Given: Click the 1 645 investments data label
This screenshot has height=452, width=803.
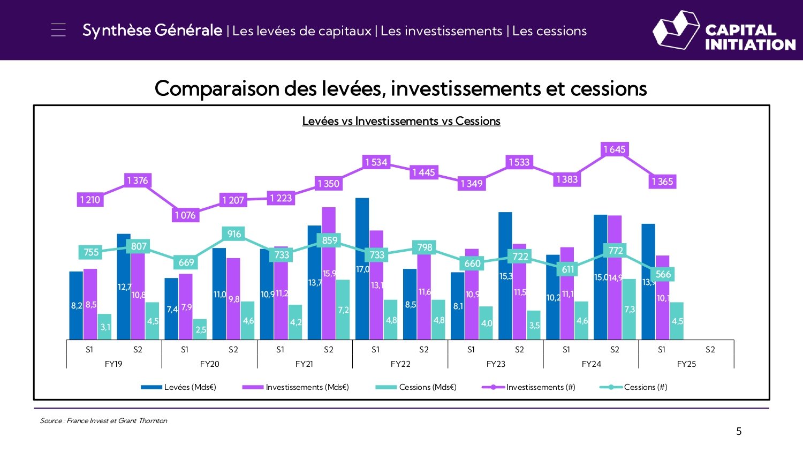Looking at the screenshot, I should click(x=614, y=149).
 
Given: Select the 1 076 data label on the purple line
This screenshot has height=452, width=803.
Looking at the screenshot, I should click(x=185, y=215).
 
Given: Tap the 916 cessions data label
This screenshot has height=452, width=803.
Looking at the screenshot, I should click(x=234, y=234).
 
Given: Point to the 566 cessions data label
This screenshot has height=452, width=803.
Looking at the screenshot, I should click(x=663, y=274).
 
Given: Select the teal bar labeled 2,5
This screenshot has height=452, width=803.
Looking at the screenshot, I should click(x=200, y=329).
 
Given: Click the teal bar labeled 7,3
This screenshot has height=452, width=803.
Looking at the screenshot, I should click(x=629, y=309).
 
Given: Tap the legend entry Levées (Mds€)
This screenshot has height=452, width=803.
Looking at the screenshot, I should click(x=178, y=387).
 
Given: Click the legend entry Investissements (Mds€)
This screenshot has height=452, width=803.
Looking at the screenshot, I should click(x=296, y=387).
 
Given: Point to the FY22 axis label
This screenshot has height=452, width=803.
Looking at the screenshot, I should click(x=400, y=364).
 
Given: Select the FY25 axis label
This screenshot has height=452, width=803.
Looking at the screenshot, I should click(x=686, y=364).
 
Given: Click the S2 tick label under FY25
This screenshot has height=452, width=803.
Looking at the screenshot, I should click(x=710, y=350).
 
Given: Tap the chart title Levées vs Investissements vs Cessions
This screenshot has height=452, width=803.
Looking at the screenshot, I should click(x=401, y=121).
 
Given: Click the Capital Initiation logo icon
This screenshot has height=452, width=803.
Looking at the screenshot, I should click(x=676, y=30).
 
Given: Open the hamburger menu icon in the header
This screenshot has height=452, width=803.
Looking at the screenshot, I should click(x=58, y=30).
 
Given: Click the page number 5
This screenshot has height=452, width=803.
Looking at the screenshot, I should click(x=739, y=432).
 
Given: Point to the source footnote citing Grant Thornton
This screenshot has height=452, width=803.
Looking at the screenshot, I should click(x=103, y=421).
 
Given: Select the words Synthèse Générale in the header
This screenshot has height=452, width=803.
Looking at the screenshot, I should click(x=152, y=31).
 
